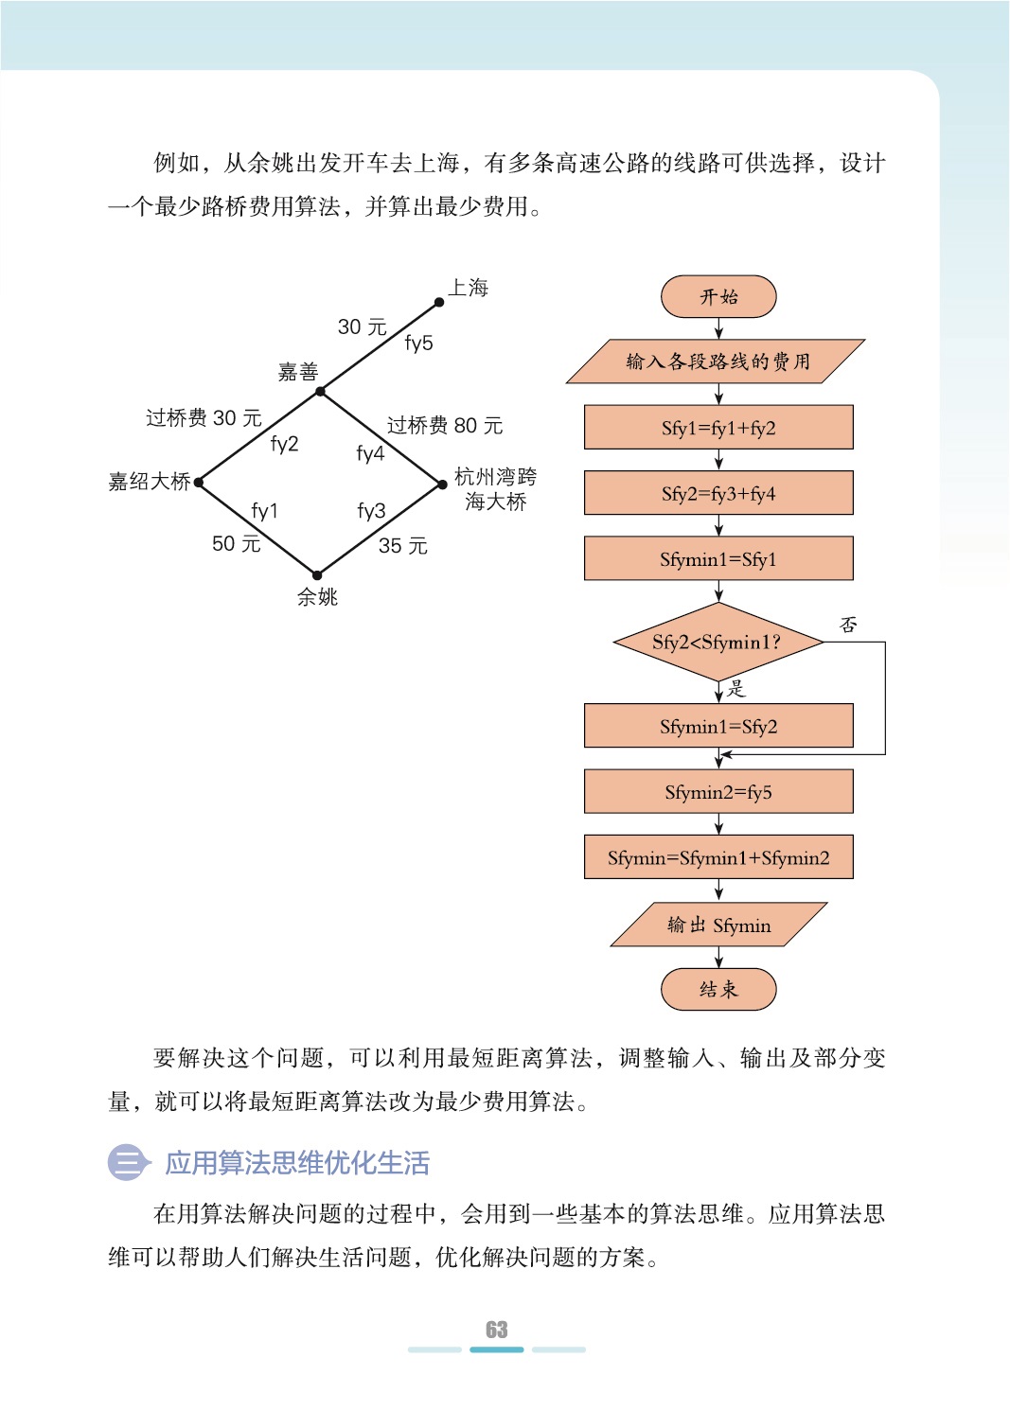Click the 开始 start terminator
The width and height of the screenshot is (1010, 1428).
pos(718,297)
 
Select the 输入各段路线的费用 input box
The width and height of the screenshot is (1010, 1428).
pos(717,361)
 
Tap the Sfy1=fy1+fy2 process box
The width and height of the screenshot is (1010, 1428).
pos(718,428)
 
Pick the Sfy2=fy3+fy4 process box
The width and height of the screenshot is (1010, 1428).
pos(718,493)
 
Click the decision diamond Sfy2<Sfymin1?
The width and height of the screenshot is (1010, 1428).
pos(718,643)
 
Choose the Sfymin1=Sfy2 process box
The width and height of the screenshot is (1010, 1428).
pos(718,726)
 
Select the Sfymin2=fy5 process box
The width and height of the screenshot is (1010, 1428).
pos(718,792)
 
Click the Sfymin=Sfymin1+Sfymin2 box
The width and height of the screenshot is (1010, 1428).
pos(718,857)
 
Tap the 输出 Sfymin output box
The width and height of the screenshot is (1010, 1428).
pos(718,925)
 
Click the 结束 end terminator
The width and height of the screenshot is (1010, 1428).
pos(718,990)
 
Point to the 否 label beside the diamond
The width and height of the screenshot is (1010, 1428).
pos(848,625)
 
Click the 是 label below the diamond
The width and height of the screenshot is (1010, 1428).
pos(736,689)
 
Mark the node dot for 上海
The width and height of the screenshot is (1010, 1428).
pos(439,303)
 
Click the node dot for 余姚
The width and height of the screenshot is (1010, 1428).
pos(317,574)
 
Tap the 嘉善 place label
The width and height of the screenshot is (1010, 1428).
pos(297,372)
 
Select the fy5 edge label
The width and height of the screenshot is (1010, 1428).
pos(418,343)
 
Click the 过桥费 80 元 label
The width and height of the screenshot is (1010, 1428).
pos(444,426)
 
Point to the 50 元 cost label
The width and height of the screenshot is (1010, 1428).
pos(236,543)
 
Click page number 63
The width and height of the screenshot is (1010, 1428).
pos(497,1330)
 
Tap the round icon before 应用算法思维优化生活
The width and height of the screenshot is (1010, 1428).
pos(127,1162)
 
